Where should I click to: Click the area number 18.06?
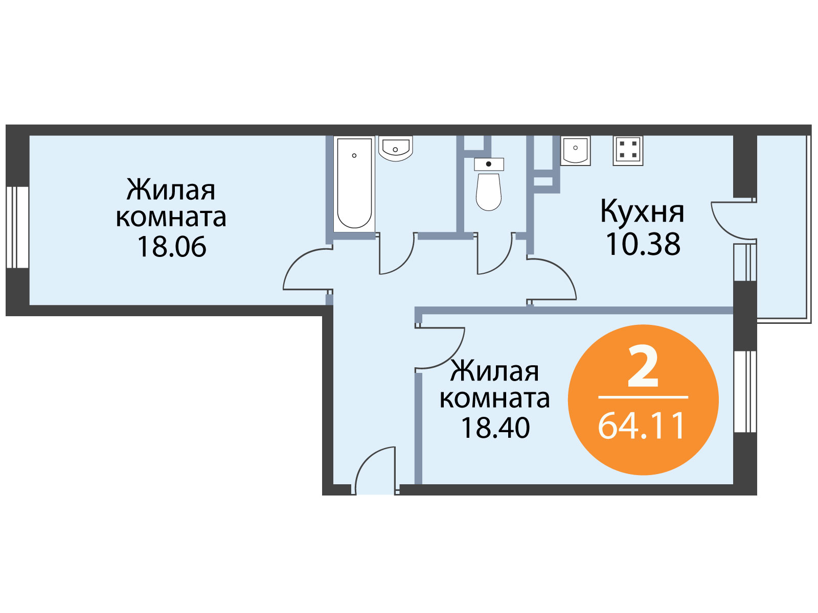pyautogui.click(x=172, y=247)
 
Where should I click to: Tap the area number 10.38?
pyautogui.click(x=643, y=244)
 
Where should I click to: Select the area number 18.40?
pyautogui.click(x=495, y=428)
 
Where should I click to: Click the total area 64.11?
pyautogui.click(x=642, y=426)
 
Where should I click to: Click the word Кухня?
pyautogui.click(x=642, y=211)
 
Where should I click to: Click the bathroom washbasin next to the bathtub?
pyautogui.click(x=395, y=148)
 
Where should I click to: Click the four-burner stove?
pyautogui.click(x=628, y=150)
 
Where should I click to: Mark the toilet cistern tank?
pyautogui.click(x=489, y=164)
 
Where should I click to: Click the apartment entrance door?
pyautogui.click(x=375, y=470)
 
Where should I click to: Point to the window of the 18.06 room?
pyautogui.click(x=17, y=227)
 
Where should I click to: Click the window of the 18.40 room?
pyautogui.click(x=745, y=391)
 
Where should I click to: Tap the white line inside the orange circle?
pyautogui.click(x=643, y=397)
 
